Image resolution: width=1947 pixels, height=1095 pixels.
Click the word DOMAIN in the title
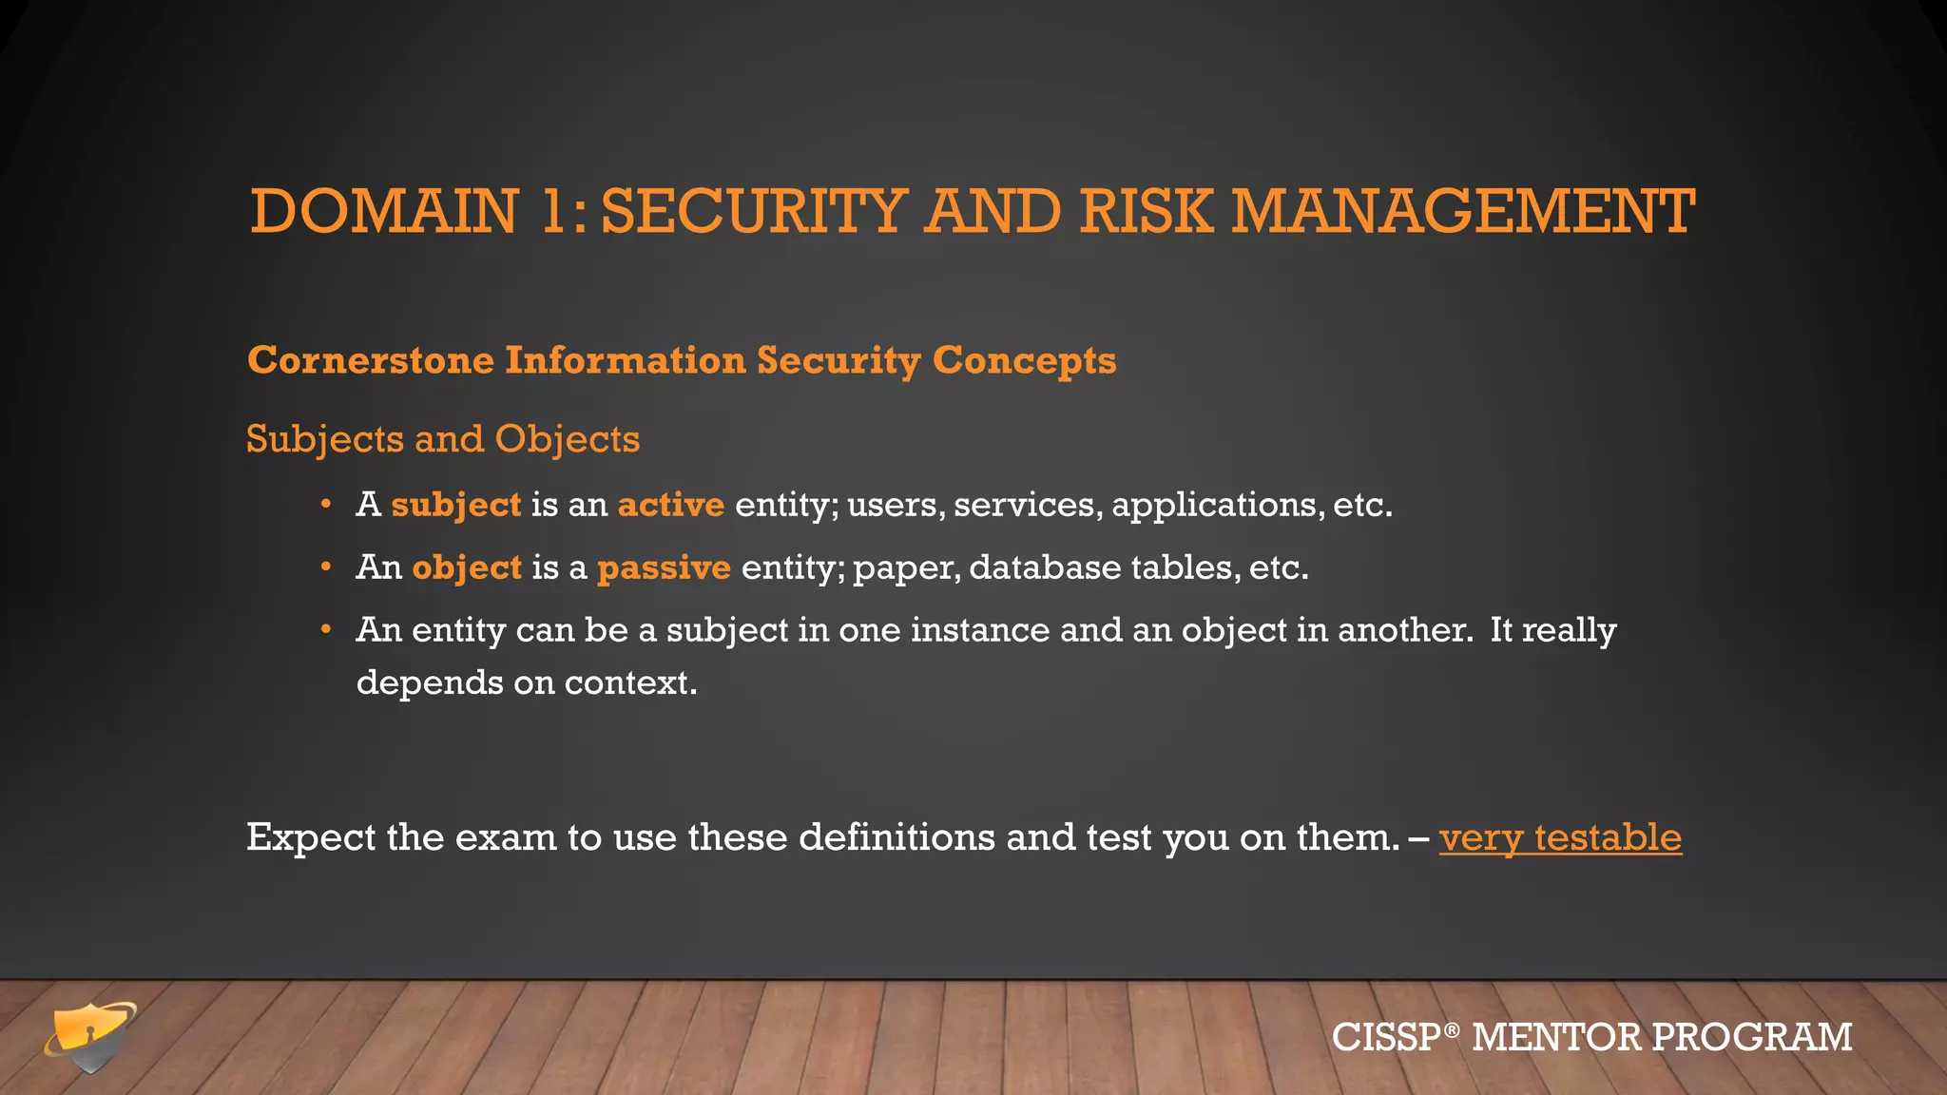click(384, 211)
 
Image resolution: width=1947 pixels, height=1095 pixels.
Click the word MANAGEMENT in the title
click(1463, 211)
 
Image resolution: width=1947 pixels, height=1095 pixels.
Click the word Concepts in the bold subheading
click(1024, 361)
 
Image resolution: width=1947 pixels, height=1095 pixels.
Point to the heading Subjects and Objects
click(442, 439)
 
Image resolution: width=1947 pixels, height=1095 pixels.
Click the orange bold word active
click(670, 505)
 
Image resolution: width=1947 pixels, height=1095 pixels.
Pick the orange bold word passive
click(664, 567)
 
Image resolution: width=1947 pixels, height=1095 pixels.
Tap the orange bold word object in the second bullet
click(467, 567)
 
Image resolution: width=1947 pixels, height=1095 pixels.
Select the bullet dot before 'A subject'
click(326, 504)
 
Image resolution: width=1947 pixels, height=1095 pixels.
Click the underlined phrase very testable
click(1560, 837)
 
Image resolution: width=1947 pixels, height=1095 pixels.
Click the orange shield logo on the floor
click(91, 1035)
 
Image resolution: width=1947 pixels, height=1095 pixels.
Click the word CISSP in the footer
click(1387, 1037)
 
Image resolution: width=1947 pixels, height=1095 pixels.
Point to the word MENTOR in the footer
click(1556, 1037)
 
